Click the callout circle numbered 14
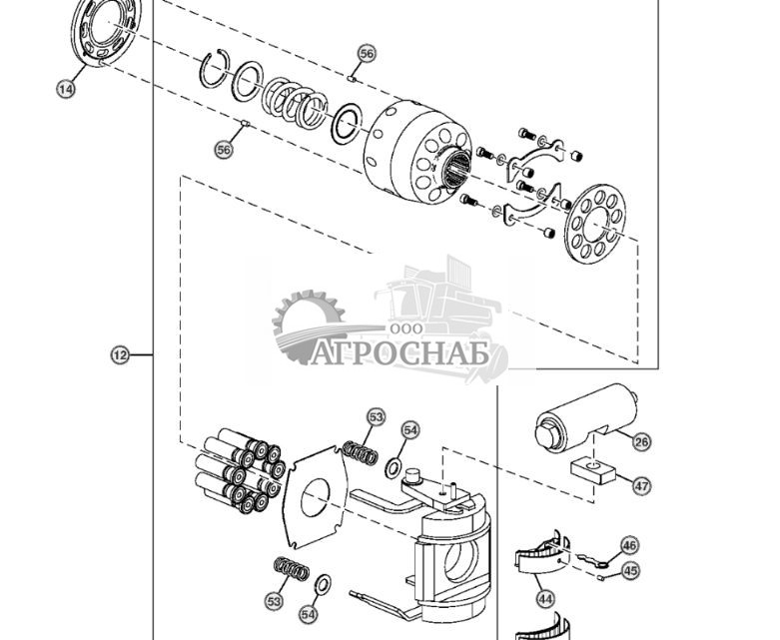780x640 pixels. [x=65, y=90]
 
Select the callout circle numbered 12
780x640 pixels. [x=119, y=354]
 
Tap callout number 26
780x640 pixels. [x=641, y=440]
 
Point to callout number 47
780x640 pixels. [x=641, y=486]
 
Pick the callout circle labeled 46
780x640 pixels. [x=628, y=546]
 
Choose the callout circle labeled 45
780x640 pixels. [x=629, y=571]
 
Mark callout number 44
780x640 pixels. [x=545, y=599]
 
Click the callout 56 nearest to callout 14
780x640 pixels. [x=224, y=149]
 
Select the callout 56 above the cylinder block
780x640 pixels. [x=367, y=53]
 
